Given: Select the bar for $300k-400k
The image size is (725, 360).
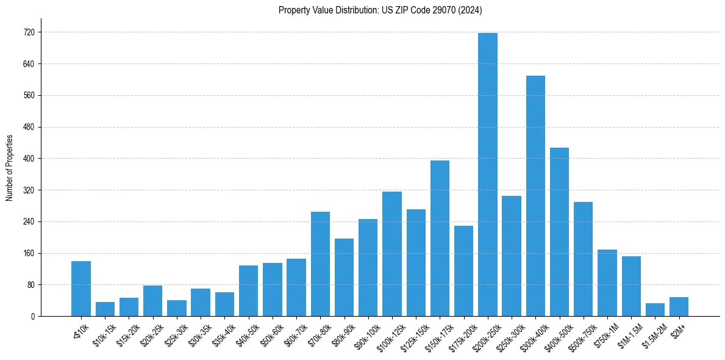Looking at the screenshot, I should [535, 196].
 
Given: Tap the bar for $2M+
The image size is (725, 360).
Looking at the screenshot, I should [679, 307].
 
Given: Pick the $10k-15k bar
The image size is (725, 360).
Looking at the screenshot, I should [105, 309].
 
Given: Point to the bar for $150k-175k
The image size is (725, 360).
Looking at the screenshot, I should [440, 239].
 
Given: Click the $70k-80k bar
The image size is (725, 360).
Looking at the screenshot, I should [320, 264].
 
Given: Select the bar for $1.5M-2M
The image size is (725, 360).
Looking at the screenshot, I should [655, 310].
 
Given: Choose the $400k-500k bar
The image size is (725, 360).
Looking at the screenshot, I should [559, 232].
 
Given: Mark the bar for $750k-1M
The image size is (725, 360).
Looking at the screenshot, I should [607, 283].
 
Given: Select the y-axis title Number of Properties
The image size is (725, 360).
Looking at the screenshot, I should [9, 168].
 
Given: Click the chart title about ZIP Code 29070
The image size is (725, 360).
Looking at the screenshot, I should [380, 10].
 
